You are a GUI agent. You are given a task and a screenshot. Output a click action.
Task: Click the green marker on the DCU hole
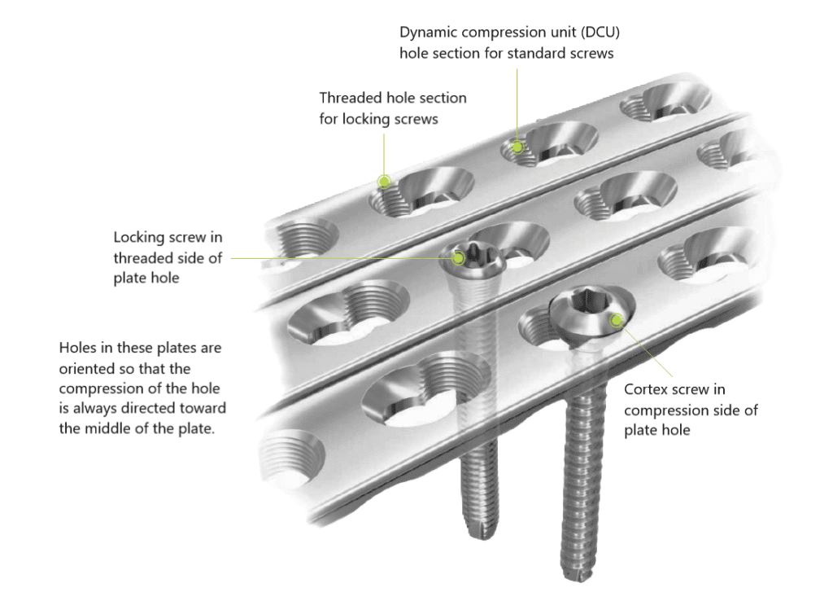point(517,147)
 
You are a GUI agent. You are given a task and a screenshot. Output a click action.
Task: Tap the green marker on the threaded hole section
point(384,181)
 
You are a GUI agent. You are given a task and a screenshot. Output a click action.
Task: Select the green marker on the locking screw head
point(459,257)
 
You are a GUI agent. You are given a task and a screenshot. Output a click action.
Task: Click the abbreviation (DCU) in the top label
point(604,33)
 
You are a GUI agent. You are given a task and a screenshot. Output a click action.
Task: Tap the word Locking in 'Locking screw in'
point(138,237)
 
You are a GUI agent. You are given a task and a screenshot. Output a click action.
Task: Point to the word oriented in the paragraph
point(86,368)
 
